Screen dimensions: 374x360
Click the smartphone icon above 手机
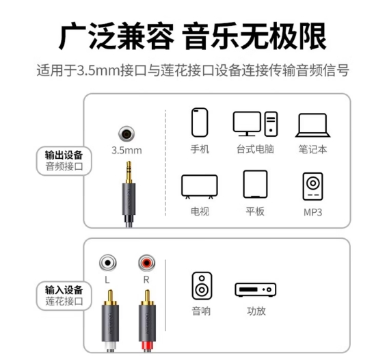[200, 123]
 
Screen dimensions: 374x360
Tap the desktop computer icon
[255, 124]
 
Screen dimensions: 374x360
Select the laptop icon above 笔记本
[312, 125]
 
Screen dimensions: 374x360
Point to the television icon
[200, 186]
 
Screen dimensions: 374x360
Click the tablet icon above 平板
[255, 184]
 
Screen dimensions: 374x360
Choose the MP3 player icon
[312, 186]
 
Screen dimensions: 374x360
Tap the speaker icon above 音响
[202, 285]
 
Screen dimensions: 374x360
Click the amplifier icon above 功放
[256, 290]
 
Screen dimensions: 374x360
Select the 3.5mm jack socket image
[126, 133]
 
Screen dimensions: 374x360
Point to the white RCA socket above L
[108, 263]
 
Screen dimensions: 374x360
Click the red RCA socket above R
[147, 263]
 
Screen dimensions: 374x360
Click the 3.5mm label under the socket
[126, 151]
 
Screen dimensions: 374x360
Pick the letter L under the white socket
[107, 279]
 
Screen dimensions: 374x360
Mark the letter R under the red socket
[146, 279]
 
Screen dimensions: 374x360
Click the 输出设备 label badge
[64, 161]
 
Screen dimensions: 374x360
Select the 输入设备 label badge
[64, 296]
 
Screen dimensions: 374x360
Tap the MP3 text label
[312, 212]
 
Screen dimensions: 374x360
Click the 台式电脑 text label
[255, 149]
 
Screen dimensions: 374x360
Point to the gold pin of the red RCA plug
[148, 296]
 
